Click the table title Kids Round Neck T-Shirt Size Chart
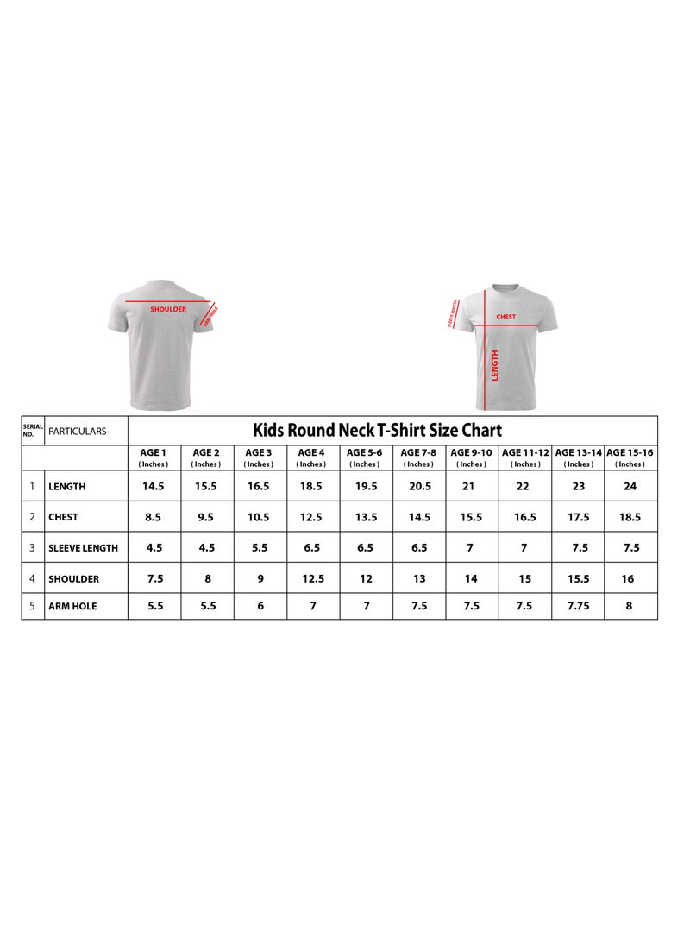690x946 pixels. (x=377, y=430)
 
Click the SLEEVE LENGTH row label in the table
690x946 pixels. (x=83, y=548)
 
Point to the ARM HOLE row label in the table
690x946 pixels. (x=72, y=606)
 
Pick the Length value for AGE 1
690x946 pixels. (x=153, y=486)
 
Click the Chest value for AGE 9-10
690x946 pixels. (x=471, y=517)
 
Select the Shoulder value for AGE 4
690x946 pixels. (x=313, y=578)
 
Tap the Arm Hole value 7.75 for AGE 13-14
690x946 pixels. (x=579, y=606)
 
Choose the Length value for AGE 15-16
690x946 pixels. (x=630, y=486)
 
